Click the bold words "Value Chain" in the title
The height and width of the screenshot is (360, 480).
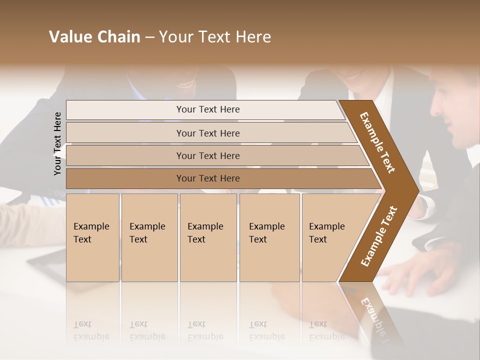pyautogui.click(x=94, y=37)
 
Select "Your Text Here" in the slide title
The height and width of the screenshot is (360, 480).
pyautogui.click(x=215, y=37)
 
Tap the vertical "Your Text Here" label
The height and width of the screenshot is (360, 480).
pyautogui.click(x=57, y=143)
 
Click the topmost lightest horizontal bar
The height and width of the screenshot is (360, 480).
pyautogui.click(x=208, y=109)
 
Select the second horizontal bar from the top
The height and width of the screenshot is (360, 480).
pyautogui.click(x=208, y=133)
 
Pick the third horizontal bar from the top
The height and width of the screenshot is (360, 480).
pyautogui.click(x=208, y=155)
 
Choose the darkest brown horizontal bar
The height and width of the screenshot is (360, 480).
pyautogui.click(x=208, y=178)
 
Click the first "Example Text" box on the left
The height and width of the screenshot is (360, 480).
pyautogui.click(x=92, y=237)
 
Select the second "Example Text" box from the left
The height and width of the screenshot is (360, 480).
pyautogui.click(x=149, y=237)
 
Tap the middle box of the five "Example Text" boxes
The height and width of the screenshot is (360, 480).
pyautogui.click(x=208, y=237)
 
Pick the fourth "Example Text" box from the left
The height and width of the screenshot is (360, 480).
pyautogui.click(x=269, y=237)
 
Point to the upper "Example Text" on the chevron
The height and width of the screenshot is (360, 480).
pyautogui.click(x=377, y=142)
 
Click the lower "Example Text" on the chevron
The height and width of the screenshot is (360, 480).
pyautogui.click(x=379, y=236)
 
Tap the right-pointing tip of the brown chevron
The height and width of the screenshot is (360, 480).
pyautogui.click(x=415, y=190)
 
